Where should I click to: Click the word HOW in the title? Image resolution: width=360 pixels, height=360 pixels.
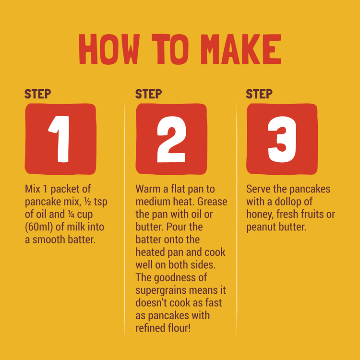109,49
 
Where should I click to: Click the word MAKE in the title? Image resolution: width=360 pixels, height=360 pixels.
241,49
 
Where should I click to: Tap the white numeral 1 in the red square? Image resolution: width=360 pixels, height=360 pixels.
59,139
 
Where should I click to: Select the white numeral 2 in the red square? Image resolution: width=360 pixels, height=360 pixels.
171,139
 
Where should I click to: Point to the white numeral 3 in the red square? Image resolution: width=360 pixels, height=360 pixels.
282,139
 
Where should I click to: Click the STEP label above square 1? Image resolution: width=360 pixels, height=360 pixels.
37,94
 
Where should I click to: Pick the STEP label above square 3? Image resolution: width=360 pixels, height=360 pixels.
259,94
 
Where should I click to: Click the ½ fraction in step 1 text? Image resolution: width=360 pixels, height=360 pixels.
88,202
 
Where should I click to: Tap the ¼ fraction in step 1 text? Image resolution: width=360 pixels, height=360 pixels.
71,214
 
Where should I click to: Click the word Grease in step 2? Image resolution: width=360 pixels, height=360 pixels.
212,202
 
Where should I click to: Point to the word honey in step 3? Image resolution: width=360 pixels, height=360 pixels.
260,215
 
